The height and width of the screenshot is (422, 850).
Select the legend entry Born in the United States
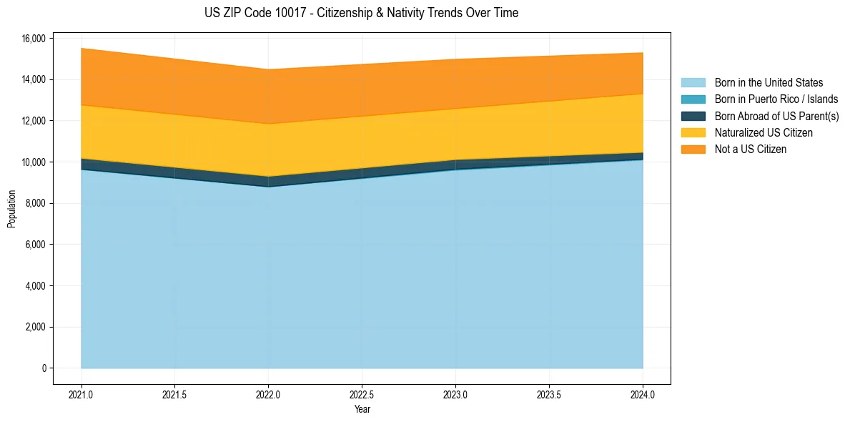tap(769, 83)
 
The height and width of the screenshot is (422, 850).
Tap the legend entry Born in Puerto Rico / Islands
tap(776, 99)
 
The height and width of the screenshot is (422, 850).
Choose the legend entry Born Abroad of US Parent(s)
tap(776, 116)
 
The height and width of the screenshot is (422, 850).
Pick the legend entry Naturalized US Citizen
tap(763, 132)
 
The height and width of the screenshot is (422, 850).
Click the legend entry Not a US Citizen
tap(750, 149)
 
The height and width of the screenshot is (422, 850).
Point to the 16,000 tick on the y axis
tap(34, 38)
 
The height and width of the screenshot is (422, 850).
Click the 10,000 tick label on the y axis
tap(34, 162)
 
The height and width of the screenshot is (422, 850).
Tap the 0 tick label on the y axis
tap(44, 368)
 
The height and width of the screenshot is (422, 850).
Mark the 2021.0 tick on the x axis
tap(81, 394)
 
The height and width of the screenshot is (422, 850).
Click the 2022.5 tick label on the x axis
tap(362, 394)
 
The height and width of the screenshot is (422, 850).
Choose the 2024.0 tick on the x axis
tap(643, 394)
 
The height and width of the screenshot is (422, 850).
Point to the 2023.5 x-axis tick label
tap(549, 394)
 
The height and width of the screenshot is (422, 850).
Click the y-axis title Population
tap(11, 209)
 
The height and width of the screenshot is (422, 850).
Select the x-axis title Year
tap(362, 410)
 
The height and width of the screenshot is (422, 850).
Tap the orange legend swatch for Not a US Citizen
tap(693, 149)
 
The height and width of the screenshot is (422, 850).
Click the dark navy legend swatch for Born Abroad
tap(693, 116)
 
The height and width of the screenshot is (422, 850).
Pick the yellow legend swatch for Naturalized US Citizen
tap(693, 132)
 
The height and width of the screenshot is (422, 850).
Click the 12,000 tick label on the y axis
tap(34, 121)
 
